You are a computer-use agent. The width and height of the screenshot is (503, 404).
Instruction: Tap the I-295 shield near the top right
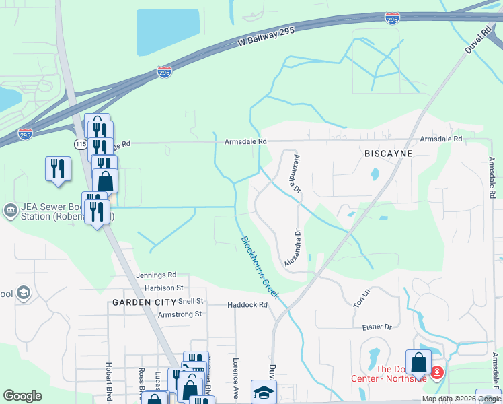point(393,18)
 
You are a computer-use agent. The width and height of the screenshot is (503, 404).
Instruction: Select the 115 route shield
point(80,144)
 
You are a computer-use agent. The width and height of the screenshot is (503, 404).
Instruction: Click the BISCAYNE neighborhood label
point(387,154)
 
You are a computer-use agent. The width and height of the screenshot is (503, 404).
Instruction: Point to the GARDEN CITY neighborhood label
point(139,302)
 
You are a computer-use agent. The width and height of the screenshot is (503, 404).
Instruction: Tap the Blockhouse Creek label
point(260,267)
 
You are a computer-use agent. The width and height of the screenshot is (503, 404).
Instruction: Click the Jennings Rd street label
point(155,275)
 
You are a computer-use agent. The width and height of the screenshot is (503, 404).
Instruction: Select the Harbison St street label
point(159,288)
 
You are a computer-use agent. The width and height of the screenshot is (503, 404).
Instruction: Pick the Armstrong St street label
point(180,314)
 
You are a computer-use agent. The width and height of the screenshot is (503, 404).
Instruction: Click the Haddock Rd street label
point(247,304)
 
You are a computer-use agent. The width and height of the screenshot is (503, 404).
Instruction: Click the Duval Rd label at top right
point(478,40)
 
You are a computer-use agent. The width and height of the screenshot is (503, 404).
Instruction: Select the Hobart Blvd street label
point(108,382)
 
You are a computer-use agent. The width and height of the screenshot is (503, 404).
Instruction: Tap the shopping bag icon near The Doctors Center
point(418,363)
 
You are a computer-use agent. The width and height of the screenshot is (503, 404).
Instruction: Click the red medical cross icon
point(437,372)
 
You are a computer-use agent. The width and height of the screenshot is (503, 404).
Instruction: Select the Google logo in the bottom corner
point(22,396)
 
